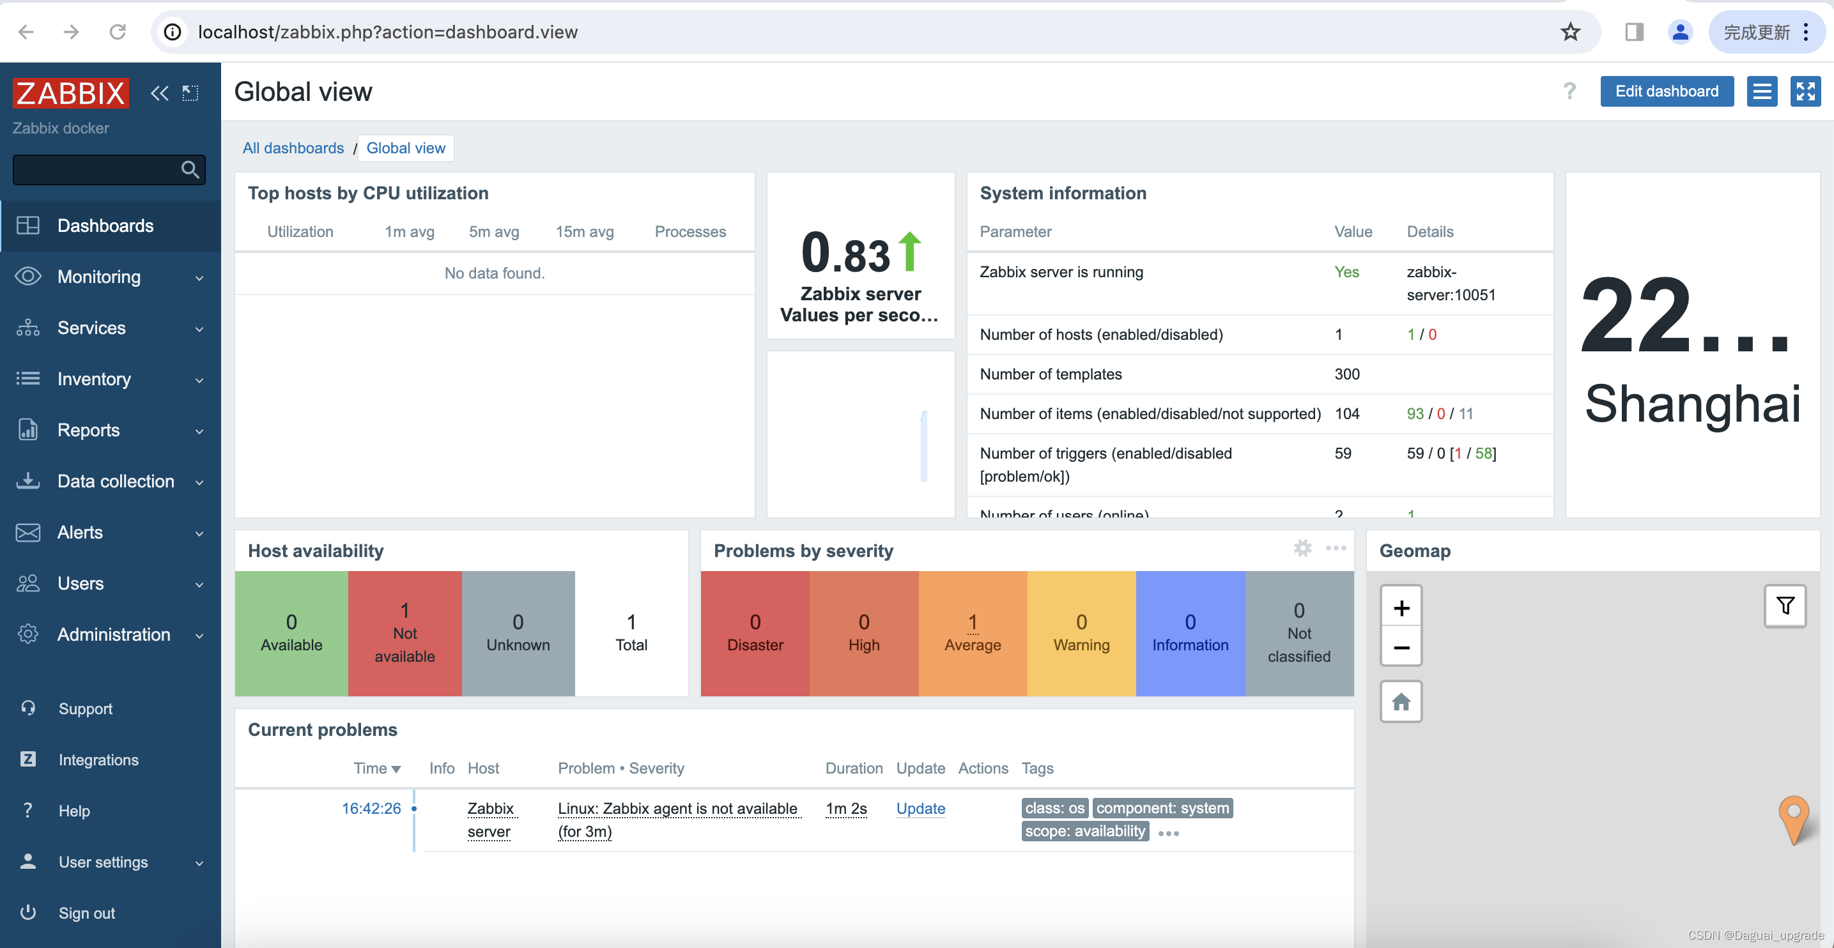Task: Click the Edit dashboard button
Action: (1666, 91)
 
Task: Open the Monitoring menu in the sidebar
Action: (99, 277)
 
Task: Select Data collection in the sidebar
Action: (115, 481)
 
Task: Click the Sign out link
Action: (86, 913)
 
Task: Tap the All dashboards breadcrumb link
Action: (293, 148)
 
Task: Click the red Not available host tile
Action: (405, 632)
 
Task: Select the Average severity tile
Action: (972, 632)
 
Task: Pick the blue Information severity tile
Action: (1190, 632)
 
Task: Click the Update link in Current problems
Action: (920, 809)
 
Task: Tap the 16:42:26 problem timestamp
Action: (371, 809)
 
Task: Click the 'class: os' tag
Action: (1054, 809)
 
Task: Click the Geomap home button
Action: (1400, 702)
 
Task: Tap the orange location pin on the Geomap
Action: (1792, 817)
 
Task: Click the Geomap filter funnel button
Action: (1784, 606)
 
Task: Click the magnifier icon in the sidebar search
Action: (189, 169)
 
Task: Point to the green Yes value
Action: (1346, 272)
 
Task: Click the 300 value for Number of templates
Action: (1346, 374)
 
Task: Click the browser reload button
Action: (118, 32)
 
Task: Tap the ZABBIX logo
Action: (70, 93)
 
